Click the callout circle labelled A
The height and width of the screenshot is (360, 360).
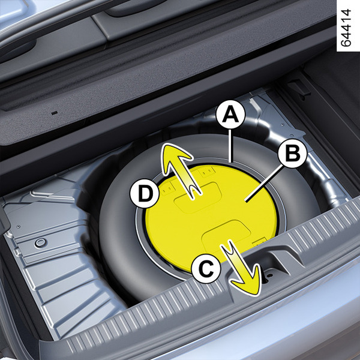[231, 114]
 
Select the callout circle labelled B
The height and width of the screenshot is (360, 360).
[292, 153]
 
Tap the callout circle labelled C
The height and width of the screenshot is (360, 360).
[206, 269]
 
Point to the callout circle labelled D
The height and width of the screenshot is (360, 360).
[145, 193]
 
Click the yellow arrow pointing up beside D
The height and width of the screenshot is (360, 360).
[179, 170]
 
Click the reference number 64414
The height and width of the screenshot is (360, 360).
[346, 28]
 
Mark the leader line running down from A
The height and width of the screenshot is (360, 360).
[232, 145]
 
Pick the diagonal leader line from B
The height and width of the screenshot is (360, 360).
[263, 184]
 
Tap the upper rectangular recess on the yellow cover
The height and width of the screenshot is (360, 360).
[197, 197]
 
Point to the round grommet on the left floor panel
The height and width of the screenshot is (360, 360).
[41, 243]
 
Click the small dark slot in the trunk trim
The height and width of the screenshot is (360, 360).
[55, 113]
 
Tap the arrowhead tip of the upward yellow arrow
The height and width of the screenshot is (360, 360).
[165, 145]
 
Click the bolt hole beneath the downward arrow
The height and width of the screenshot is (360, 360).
[269, 275]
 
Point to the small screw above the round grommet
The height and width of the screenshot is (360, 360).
[19, 227]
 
